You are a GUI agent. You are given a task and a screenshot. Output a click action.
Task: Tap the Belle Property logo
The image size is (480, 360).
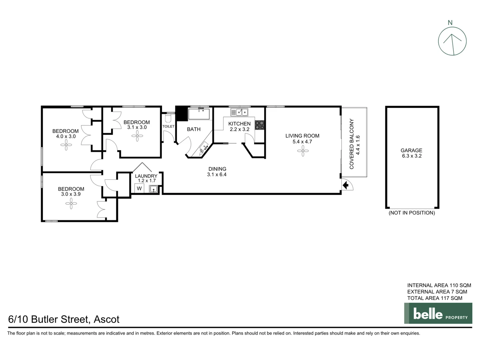[438, 313]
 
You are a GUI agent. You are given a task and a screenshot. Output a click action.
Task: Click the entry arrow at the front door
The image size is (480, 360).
[346, 185]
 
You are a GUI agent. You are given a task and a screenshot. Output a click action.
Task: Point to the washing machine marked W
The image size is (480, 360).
[139, 188]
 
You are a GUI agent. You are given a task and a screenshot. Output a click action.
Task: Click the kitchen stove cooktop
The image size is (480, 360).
[260, 125]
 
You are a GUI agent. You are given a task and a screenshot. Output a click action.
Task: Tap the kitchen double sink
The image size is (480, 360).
[239, 112]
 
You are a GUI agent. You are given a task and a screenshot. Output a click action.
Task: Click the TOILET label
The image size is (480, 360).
[168, 126]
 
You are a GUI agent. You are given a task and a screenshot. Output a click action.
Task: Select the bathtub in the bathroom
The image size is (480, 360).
[199, 114]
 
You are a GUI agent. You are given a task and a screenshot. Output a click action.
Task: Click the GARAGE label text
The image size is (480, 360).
[411, 150]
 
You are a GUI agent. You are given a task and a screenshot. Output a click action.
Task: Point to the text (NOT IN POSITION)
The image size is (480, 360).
[412, 213]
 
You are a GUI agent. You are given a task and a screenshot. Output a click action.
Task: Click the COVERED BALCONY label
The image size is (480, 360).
[351, 144]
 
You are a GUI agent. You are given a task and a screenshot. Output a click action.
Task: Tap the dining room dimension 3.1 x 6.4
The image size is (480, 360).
[217, 174]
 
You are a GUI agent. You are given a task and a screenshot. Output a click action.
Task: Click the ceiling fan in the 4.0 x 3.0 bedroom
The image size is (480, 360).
[66, 145]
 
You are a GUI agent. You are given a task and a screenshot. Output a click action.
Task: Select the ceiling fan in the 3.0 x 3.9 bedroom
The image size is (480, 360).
[71, 203]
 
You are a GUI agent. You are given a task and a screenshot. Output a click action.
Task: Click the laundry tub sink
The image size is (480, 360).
[153, 189]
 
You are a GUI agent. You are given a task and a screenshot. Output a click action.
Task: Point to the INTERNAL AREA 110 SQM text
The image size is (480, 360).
[439, 285]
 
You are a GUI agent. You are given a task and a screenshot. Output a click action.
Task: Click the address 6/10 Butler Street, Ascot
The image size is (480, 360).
[64, 319]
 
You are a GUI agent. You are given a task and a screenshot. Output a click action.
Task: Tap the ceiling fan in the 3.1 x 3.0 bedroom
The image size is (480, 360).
[137, 136]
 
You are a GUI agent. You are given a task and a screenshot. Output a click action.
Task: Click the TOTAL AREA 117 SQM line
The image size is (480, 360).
[435, 298]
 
